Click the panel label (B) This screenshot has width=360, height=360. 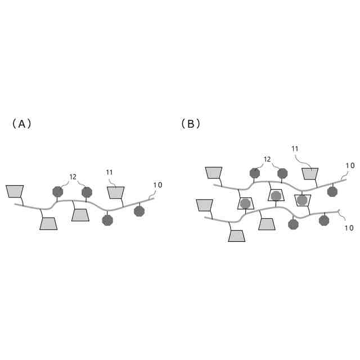[x=191, y=124]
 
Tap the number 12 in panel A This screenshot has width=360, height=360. [x=73, y=177]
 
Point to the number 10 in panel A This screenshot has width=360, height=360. [x=157, y=185]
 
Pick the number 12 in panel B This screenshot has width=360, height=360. [x=267, y=159]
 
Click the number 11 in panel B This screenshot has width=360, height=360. [x=295, y=148]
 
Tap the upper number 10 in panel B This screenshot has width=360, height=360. [x=350, y=165]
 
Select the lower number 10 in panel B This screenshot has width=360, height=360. [x=349, y=228]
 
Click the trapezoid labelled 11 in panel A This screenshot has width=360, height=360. [x=115, y=192]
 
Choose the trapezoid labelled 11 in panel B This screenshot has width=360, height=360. [x=310, y=174]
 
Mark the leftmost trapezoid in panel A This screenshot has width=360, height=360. [x=15, y=191]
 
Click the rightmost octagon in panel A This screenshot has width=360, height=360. [x=139, y=211]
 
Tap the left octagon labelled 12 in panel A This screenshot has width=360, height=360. [x=57, y=192]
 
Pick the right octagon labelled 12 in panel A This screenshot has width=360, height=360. [x=87, y=192]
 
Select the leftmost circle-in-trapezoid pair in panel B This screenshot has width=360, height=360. [x=245, y=204]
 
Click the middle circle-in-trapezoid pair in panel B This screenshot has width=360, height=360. [x=276, y=196]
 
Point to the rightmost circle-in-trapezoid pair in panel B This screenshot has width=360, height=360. [x=303, y=200]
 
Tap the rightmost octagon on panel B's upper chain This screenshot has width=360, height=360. [x=332, y=192]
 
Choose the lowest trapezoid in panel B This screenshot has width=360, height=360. [x=236, y=236]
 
